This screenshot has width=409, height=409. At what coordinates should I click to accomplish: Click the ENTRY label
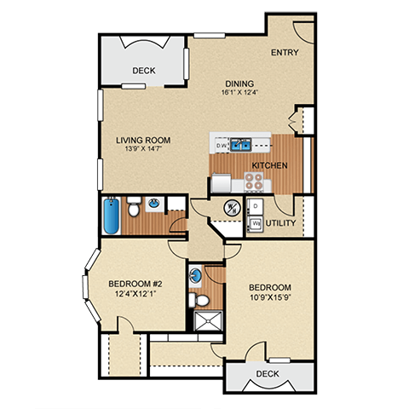pyautogui.click(x=284, y=53)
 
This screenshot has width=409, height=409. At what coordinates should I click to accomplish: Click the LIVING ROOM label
pyautogui.click(x=144, y=141)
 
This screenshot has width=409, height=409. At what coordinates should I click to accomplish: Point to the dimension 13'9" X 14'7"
pyautogui.click(x=144, y=151)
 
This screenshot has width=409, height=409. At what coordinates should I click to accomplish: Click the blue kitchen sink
pyautogui.click(x=239, y=144)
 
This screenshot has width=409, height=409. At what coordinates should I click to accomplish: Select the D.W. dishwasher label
pyautogui.click(x=221, y=146)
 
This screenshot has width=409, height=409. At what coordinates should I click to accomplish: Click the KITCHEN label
pyautogui.click(x=269, y=165)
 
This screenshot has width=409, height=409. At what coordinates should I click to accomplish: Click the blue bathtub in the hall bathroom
pyautogui.click(x=112, y=216)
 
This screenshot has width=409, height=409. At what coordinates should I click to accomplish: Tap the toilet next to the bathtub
pyautogui.click(x=134, y=206)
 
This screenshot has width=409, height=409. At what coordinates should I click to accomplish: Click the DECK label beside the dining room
pyautogui.click(x=143, y=71)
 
